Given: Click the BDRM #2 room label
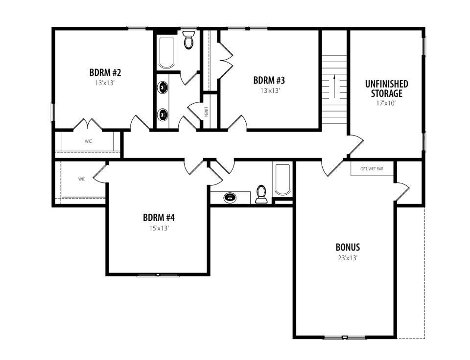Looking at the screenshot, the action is (x=105, y=72).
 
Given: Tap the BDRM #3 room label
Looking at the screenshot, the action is (x=269, y=80).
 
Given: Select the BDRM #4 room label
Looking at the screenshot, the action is (x=159, y=218).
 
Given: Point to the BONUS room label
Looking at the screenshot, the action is (x=348, y=247).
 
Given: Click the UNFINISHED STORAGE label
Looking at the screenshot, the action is (x=387, y=89).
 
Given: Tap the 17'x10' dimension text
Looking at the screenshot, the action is (x=386, y=103).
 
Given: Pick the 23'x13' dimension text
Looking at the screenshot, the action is (x=348, y=258).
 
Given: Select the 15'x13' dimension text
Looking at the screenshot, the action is (x=159, y=228).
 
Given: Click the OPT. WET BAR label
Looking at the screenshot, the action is (x=372, y=169).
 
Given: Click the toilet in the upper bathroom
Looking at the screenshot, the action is (x=189, y=40).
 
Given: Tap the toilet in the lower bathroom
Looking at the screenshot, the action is (x=261, y=194).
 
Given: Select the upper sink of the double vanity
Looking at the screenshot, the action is (x=163, y=88).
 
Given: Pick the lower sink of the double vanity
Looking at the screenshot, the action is (x=163, y=114).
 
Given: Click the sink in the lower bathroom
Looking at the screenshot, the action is (x=230, y=197).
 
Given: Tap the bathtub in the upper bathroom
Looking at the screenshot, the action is (x=166, y=53).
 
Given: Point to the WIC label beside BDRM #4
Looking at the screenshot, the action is (x=82, y=179).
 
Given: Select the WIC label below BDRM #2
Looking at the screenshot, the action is (x=88, y=141).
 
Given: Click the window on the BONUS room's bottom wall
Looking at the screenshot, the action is (x=345, y=337).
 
